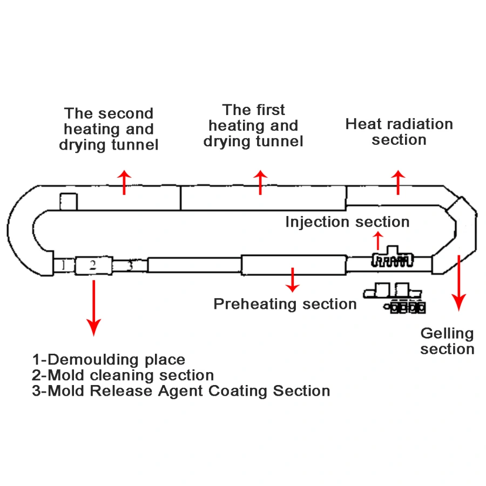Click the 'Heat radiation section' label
[x=399, y=132]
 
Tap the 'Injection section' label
[x=347, y=222]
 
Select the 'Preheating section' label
[x=285, y=303]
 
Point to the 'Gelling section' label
[x=447, y=341]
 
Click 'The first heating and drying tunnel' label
[x=253, y=126]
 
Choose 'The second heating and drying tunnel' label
[x=109, y=130]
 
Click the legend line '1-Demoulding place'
[x=109, y=360]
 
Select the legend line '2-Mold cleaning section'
[x=123, y=375]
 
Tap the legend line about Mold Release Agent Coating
[x=181, y=391]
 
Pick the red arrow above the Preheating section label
[x=293, y=279]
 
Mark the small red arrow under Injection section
[x=378, y=240]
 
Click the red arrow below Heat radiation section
[x=398, y=183]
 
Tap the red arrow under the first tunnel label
[x=261, y=183]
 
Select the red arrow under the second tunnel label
[x=125, y=183]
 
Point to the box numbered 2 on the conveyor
[x=93, y=265]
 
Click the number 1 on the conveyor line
[x=63, y=265]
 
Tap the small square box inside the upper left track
[x=69, y=201]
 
